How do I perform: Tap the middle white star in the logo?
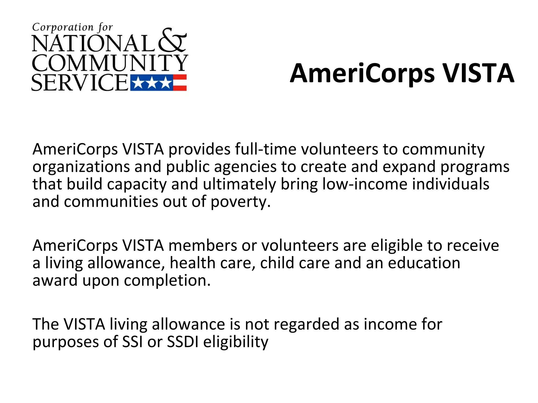coord(152,83)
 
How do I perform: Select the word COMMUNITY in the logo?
coord(110,63)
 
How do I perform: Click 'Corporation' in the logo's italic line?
coord(63,27)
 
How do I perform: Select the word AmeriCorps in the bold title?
coord(362,74)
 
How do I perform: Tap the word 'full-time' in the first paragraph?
coord(266,149)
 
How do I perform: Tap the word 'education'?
coord(424,263)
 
